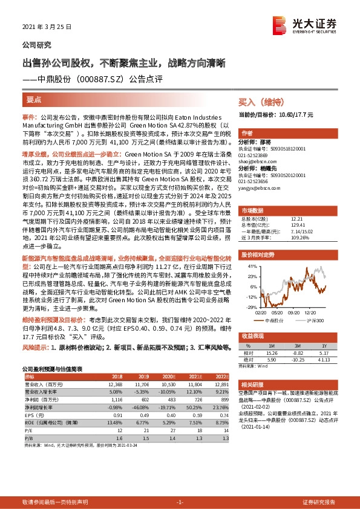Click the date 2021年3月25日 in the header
pos(47,27)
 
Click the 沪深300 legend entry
pos(313,320)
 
